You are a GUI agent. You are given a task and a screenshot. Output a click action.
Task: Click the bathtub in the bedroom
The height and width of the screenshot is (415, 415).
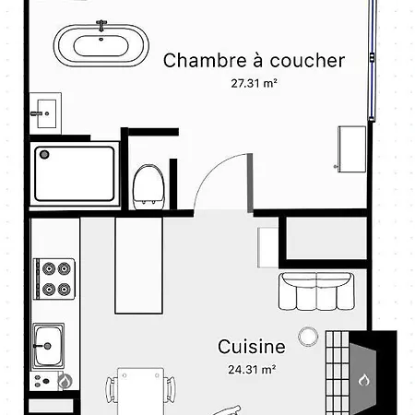[101, 44]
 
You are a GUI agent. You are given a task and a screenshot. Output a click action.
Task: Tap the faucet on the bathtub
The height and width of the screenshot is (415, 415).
[101, 25]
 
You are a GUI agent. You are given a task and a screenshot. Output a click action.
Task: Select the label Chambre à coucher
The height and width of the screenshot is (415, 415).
[254, 60]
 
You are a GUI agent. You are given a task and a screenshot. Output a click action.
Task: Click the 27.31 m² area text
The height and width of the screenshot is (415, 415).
[254, 83]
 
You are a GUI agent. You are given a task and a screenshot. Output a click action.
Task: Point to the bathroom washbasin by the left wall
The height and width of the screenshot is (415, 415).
[45, 113]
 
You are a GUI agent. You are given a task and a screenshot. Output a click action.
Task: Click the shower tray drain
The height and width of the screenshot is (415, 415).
[44, 154]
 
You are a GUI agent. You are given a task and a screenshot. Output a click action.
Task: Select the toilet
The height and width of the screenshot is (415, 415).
[148, 187]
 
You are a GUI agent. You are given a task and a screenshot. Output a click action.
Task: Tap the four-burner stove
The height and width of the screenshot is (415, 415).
[54, 279]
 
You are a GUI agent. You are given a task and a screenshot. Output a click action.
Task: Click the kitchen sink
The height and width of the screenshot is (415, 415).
[48, 346]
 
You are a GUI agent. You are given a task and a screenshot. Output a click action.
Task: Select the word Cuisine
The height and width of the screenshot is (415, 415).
[252, 347]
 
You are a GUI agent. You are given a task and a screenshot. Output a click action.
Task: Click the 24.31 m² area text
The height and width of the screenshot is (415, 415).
[252, 369]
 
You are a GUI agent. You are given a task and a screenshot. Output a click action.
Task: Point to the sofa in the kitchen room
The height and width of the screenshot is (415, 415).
[316, 291]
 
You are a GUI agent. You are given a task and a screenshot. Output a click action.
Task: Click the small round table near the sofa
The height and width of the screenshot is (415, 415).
[308, 337]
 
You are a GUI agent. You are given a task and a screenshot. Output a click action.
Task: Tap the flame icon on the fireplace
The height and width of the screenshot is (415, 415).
[363, 380]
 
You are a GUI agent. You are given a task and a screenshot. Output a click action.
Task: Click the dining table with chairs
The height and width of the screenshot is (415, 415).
[141, 390]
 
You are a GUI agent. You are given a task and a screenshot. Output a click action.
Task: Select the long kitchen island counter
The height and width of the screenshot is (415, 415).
[138, 266]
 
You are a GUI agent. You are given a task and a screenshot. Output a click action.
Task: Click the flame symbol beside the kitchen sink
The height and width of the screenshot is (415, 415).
[65, 382]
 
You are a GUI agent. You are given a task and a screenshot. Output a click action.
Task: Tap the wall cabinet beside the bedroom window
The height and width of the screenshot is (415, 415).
[351, 148]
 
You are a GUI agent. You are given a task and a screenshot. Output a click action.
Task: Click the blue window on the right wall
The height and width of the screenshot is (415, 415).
[373, 60]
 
